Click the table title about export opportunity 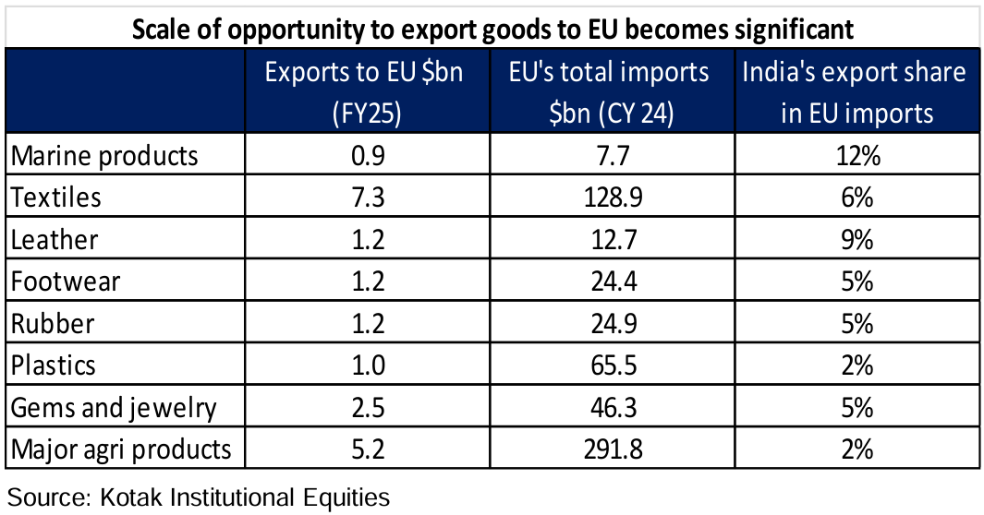493,29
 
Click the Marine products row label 104,155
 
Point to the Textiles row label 56,197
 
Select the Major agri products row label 120,449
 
